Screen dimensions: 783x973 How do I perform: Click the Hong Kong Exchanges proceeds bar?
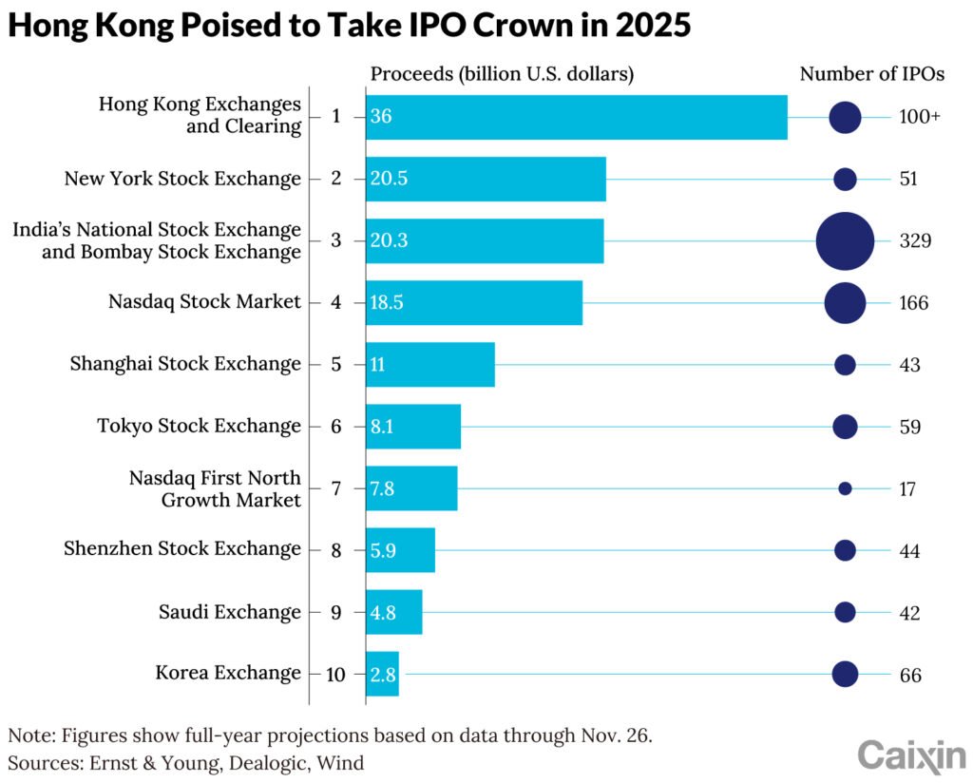[577, 117]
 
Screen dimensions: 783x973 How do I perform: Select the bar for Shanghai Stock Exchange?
[430, 364]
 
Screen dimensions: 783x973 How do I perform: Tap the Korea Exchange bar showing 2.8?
[383, 674]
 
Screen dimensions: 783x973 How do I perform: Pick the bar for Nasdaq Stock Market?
[474, 303]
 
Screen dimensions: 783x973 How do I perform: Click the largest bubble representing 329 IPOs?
[845, 241]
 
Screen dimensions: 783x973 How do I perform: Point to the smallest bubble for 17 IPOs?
[845, 488]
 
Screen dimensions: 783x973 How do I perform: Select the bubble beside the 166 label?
[845, 303]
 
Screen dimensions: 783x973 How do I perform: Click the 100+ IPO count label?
[919, 117]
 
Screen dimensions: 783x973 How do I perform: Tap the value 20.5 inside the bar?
[390, 179]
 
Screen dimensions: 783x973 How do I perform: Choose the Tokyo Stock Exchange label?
[199, 426]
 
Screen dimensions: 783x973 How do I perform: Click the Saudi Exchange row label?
[229, 611]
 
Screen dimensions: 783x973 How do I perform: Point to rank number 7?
[335, 488]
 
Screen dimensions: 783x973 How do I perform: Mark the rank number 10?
[335, 674]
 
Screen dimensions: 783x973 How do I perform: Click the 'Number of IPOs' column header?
[871, 74]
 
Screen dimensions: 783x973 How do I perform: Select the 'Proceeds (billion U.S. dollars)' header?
[502, 74]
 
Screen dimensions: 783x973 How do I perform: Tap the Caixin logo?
[911, 756]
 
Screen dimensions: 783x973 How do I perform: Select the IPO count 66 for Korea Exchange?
[909, 674]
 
